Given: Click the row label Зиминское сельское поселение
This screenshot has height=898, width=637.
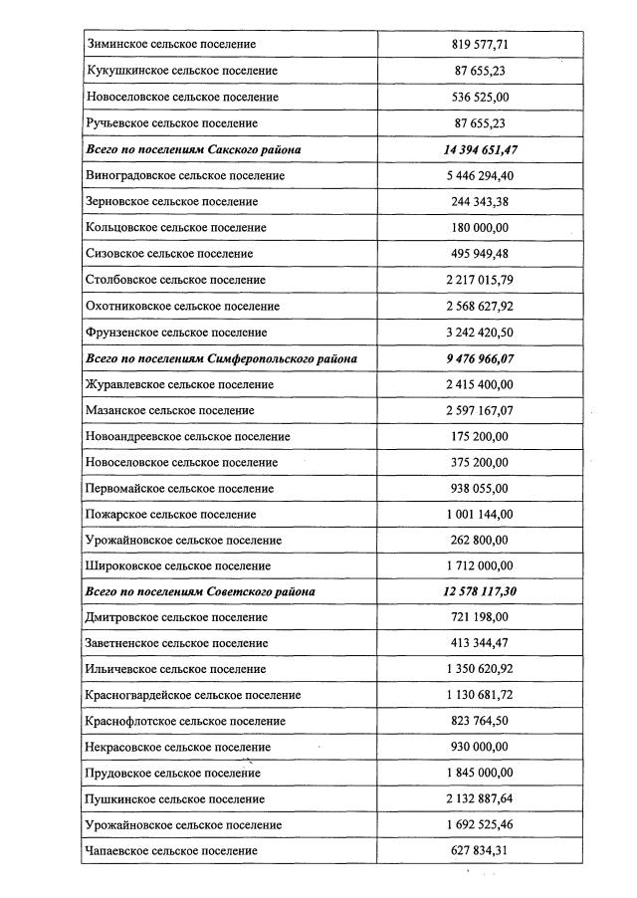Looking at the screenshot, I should pyautogui.click(x=172, y=45).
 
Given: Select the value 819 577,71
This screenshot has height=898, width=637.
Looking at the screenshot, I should pyautogui.click(x=480, y=45).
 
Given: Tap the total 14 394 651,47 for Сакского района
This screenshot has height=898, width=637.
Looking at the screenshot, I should pyautogui.click(x=480, y=149).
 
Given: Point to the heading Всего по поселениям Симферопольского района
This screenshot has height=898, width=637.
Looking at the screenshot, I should pyautogui.click(x=222, y=358).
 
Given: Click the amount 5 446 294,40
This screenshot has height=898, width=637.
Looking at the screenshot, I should pyautogui.click(x=480, y=175).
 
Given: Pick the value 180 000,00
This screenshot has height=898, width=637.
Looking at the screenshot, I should pyautogui.click(x=480, y=228).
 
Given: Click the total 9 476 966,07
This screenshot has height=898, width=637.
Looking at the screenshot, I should pyautogui.click(x=480, y=358).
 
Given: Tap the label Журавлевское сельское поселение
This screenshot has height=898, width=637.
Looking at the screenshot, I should pyautogui.click(x=180, y=384).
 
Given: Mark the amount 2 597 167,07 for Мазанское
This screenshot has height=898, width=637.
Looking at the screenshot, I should pyautogui.click(x=480, y=410).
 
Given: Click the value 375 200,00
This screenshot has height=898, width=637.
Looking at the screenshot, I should pyautogui.click(x=480, y=462).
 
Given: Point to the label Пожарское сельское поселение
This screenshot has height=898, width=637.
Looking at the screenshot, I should pyautogui.click(x=171, y=515).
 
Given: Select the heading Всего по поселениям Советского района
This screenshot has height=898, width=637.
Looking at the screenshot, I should pyautogui.click(x=201, y=591).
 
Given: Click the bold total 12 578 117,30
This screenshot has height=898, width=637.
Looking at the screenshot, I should pyautogui.click(x=480, y=591).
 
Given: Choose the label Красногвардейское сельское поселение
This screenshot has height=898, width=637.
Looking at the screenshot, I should pyautogui.click(x=194, y=695).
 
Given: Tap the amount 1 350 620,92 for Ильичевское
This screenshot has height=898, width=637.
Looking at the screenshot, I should pyautogui.click(x=480, y=669).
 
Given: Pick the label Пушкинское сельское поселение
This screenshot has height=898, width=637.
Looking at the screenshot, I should pyautogui.click(x=175, y=798).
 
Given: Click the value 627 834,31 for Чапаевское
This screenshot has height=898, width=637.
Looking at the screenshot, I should pyautogui.click(x=480, y=850).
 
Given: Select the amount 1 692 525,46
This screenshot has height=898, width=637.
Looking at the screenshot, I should pyautogui.click(x=480, y=824).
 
